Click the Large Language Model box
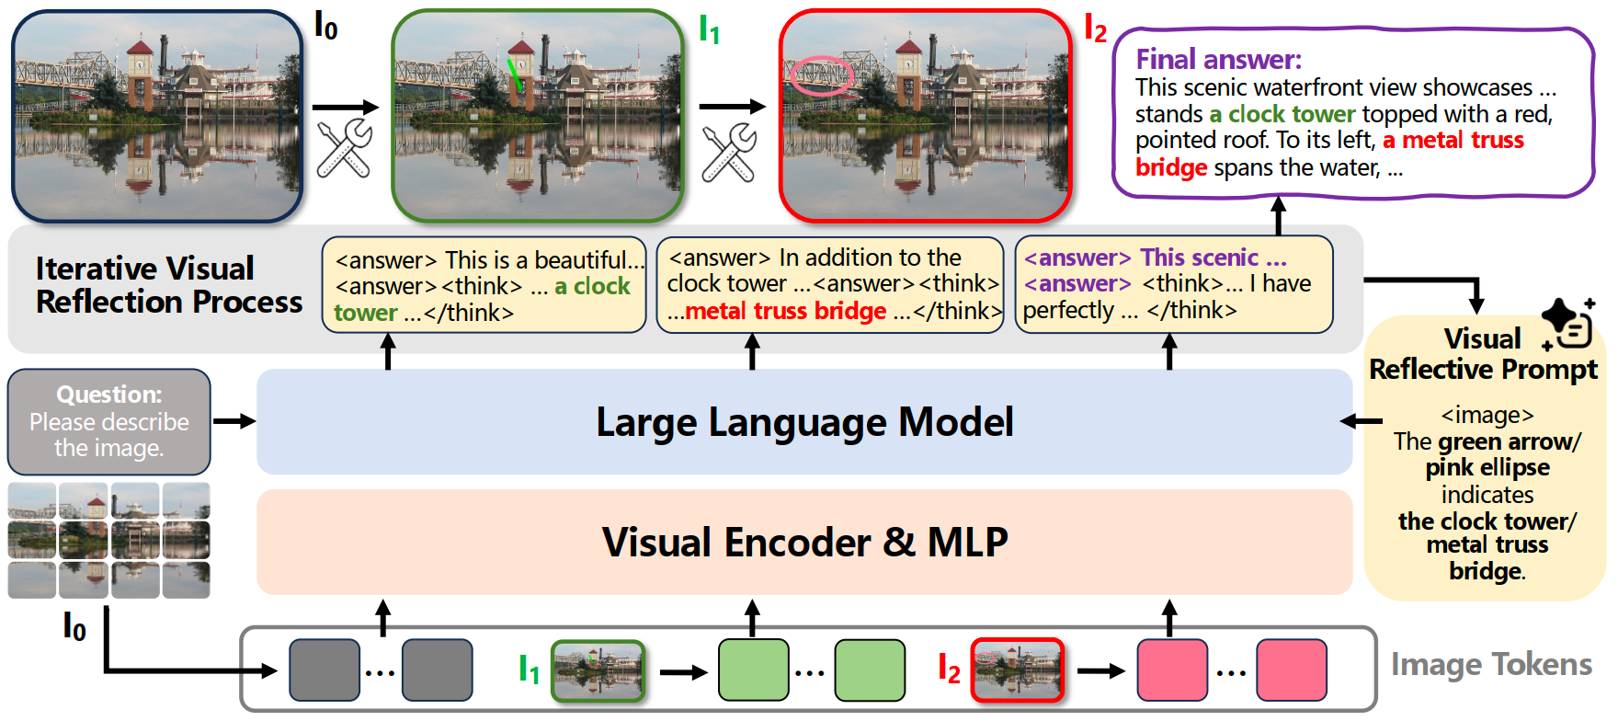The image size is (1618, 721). [x=804, y=422]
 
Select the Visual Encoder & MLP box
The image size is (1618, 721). [x=804, y=542]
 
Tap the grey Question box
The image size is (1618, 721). [x=109, y=421]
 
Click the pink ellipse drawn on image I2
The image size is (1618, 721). [x=821, y=75]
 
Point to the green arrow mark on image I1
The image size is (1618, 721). [x=515, y=74]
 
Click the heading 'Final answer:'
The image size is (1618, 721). [x=1218, y=60]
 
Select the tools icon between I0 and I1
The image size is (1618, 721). [x=344, y=147]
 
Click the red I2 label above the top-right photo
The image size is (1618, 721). [x=1095, y=29]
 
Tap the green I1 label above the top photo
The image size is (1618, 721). [x=709, y=29]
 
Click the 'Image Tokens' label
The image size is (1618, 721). [x=1490, y=664]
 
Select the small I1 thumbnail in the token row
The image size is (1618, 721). [x=598, y=670]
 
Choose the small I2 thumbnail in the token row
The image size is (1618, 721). [x=1018, y=670]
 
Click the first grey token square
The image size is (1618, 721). [x=325, y=670]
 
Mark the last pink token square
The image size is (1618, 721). [x=1292, y=670]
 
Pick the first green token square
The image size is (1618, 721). [x=753, y=670]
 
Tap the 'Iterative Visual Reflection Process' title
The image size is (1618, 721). [x=168, y=285]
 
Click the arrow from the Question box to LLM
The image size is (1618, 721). [x=234, y=421]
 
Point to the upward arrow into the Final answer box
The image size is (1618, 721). [x=1278, y=215]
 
